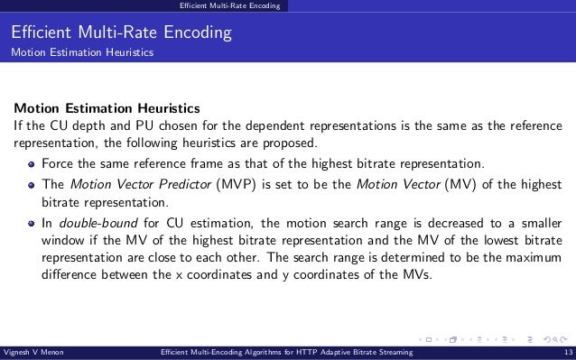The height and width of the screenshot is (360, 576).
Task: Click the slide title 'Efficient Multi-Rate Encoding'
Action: [122, 35]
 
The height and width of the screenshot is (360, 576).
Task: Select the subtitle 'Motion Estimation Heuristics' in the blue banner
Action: [81, 53]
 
